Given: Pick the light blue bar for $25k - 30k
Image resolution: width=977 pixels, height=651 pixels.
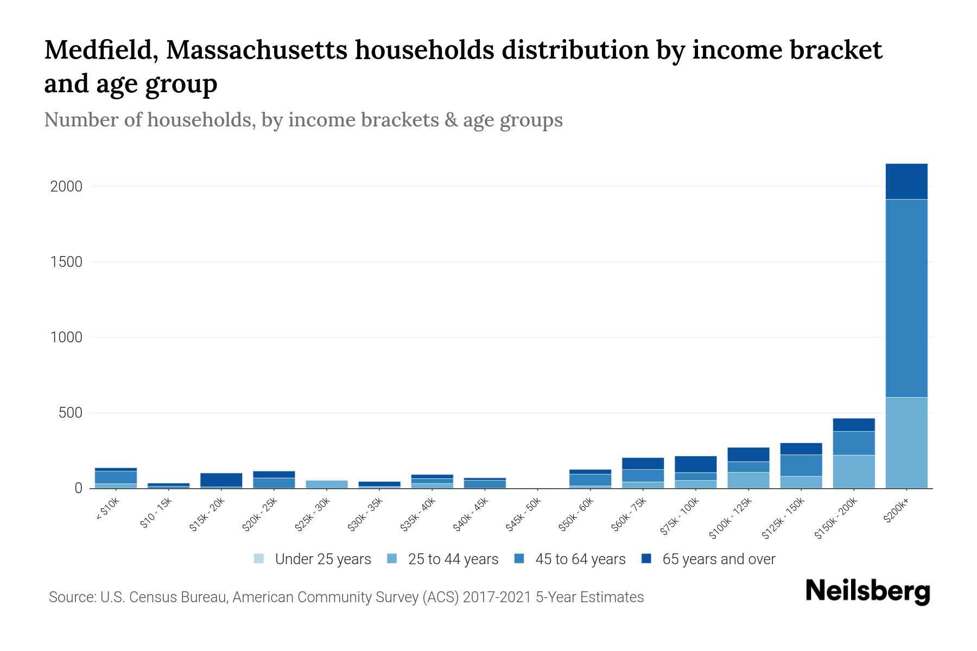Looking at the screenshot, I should click(327, 484).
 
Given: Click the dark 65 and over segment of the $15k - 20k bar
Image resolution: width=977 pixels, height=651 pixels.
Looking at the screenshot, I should click(221, 480).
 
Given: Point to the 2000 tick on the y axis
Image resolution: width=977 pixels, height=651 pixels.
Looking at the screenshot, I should click(66, 187).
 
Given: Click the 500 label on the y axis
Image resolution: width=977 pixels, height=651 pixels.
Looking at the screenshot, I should click(71, 413).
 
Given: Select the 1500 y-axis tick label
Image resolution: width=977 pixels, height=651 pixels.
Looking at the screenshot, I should click(66, 262).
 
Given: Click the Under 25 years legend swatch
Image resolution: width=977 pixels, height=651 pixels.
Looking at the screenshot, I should click(259, 559).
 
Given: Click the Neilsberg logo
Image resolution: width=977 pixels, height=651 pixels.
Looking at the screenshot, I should click(867, 591).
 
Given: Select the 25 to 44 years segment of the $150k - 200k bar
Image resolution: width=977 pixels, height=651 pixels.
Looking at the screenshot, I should click(853, 471).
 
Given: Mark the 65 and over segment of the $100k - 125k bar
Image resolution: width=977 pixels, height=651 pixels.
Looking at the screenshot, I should click(748, 454).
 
